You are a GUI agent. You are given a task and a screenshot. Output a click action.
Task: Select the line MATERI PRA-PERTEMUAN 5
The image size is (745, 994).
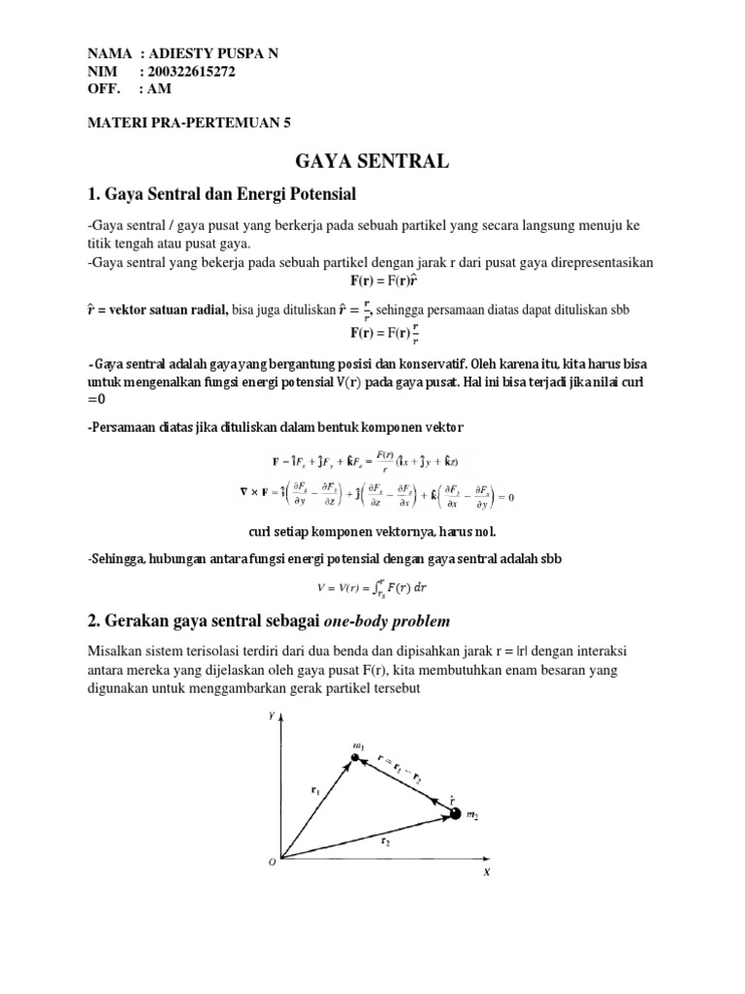(x=189, y=123)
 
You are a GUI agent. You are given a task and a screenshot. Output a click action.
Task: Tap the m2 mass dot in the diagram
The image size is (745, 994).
(x=456, y=812)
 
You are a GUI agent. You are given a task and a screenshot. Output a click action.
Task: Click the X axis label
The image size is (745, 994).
(x=487, y=871)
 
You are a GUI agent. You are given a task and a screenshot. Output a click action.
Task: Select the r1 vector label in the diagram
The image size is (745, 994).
(x=315, y=791)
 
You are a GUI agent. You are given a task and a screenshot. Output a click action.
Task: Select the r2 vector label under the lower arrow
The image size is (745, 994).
(x=386, y=844)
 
